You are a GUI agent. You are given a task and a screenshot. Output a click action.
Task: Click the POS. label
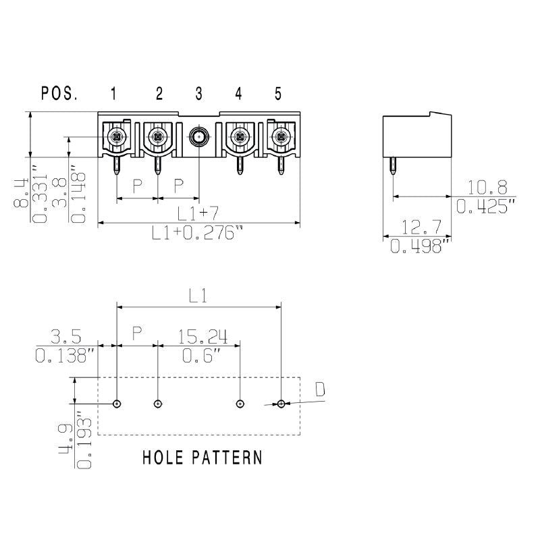point(59,94)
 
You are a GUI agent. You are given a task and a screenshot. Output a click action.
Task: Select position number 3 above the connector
point(199,94)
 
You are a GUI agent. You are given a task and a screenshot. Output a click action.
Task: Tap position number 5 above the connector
point(278,94)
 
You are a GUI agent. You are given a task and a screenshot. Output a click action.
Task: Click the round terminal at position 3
point(198,138)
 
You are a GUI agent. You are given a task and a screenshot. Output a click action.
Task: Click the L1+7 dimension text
point(198,214)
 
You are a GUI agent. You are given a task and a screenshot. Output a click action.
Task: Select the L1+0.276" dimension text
point(196,234)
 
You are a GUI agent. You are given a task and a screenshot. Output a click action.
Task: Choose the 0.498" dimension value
point(417,247)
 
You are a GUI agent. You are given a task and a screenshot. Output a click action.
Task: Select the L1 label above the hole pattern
point(197,296)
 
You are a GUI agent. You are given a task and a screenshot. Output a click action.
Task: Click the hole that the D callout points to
point(281,404)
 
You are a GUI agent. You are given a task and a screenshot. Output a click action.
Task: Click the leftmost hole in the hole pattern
point(117,404)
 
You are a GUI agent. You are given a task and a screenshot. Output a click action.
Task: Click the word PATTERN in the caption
point(227,458)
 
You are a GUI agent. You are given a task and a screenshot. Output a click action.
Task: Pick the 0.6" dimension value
point(202,354)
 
